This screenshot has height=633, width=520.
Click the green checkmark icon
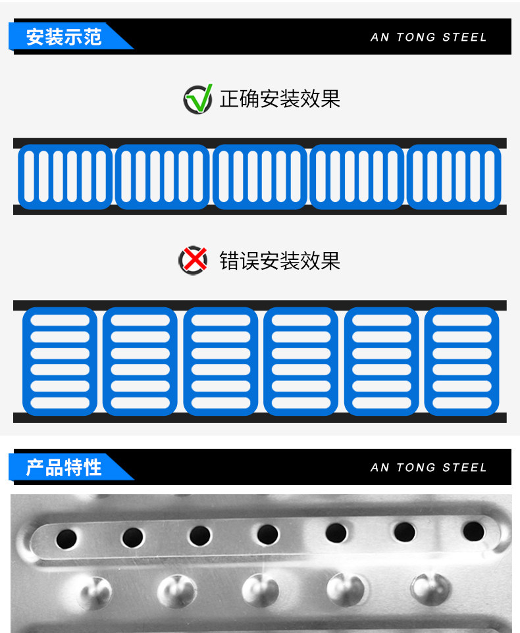(x=198, y=99)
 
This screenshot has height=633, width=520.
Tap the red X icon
(x=193, y=261)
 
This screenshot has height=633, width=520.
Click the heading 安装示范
(x=64, y=37)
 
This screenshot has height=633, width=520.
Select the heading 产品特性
(x=64, y=467)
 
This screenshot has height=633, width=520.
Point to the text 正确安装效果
(x=280, y=99)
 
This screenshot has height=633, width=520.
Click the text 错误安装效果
(x=280, y=261)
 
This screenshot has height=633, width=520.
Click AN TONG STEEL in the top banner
(x=429, y=37)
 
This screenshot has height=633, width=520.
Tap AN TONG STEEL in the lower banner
(x=429, y=467)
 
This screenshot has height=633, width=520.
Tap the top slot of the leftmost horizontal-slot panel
(x=60, y=320)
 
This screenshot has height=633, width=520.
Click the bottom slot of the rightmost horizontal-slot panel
(x=462, y=403)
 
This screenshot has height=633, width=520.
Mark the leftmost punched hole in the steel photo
(x=66, y=539)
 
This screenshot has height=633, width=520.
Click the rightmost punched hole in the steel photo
(x=473, y=531)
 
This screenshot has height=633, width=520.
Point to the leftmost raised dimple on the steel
(x=95, y=592)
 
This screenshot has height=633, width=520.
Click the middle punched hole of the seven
(x=267, y=534)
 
